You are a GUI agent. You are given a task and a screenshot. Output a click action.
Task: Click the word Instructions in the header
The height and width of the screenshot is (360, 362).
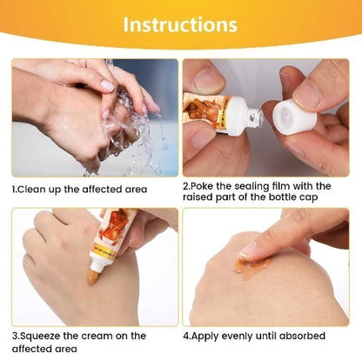pos(180,23)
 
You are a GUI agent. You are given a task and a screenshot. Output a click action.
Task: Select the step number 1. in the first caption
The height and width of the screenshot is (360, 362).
pos(15,189)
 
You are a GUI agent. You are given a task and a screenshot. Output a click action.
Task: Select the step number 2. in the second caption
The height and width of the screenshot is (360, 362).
pos(188,186)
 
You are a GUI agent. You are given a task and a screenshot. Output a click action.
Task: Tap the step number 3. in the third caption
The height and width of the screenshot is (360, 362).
pos(15,335)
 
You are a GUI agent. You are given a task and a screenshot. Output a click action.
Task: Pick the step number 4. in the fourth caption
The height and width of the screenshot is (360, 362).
pos(188,335)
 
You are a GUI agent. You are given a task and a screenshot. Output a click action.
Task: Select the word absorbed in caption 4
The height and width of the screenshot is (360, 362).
pos(304,335)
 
